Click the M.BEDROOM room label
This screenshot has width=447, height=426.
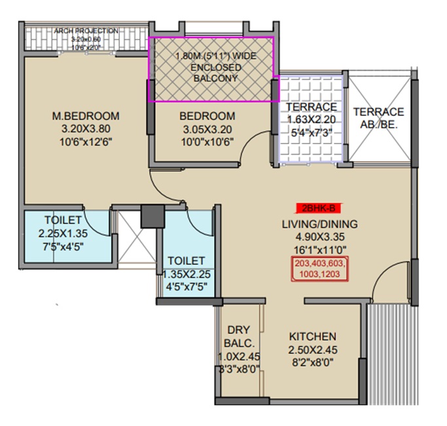point(86,116)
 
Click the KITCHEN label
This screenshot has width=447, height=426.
point(313,336)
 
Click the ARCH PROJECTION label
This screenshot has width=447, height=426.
point(86,31)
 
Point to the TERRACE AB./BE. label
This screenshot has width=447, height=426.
point(378,118)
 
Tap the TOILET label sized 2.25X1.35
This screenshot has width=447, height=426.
point(63,220)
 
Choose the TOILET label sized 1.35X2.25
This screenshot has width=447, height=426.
point(186,261)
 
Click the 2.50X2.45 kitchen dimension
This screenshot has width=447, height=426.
point(313,349)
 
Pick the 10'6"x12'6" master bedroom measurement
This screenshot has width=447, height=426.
point(86,142)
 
